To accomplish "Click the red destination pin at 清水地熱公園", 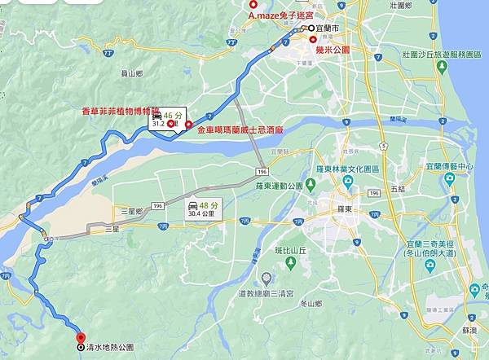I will click(80, 337).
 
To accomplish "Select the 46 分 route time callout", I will click(166, 118).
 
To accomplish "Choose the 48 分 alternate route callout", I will click(203, 208).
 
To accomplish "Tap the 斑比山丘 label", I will click(290, 251).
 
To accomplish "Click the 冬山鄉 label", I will click(311, 304).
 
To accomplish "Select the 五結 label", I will click(398, 188).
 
